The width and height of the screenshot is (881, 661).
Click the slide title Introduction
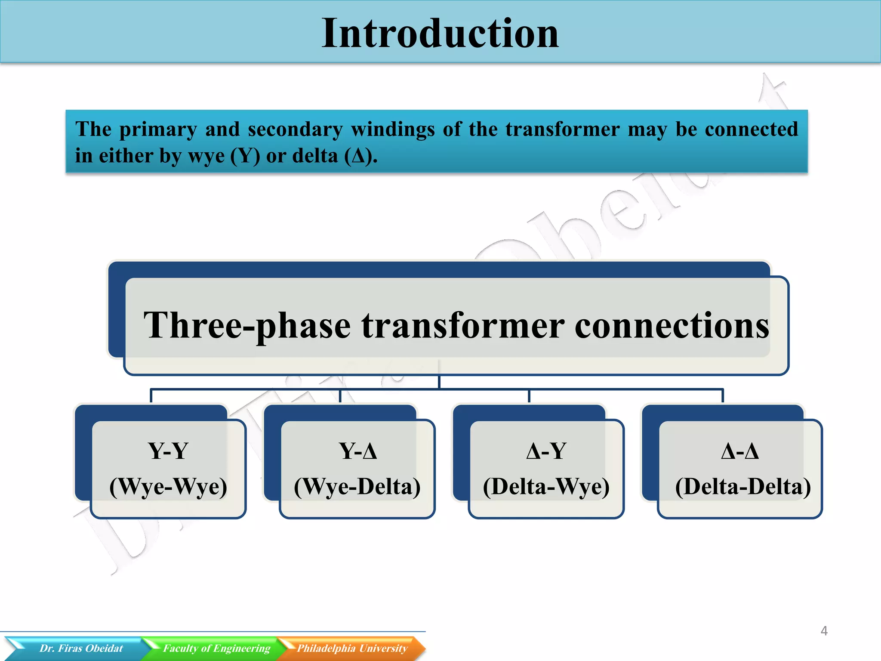click(x=440, y=33)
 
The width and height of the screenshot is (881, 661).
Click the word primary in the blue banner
click(x=158, y=130)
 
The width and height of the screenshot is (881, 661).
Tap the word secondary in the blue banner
click(x=295, y=130)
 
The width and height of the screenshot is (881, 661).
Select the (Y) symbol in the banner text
click(x=245, y=156)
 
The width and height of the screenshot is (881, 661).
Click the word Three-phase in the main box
click(x=247, y=326)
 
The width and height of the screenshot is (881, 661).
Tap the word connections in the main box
click(x=672, y=326)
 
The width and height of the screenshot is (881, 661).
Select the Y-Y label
click(x=168, y=451)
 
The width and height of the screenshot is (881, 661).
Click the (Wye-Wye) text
click(x=168, y=487)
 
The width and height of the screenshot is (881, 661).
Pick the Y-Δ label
click(x=357, y=451)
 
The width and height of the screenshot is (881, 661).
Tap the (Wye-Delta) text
click(x=357, y=487)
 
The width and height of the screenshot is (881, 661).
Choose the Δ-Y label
click(x=546, y=451)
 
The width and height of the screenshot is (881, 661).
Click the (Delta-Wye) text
click(x=546, y=487)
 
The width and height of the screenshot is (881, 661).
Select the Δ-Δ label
click(x=739, y=451)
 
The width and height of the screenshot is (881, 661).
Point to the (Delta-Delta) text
click(x=743, y=487)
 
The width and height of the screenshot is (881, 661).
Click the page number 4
click(x=824, y=631)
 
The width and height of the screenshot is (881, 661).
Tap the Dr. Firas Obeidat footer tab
click(x=81, y=648)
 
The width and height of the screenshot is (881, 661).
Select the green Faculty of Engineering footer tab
click(x=216, y=648)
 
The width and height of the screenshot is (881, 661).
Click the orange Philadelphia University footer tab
click(x=352, y=648)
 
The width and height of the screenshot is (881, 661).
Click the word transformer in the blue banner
click(x=562, y=130)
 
